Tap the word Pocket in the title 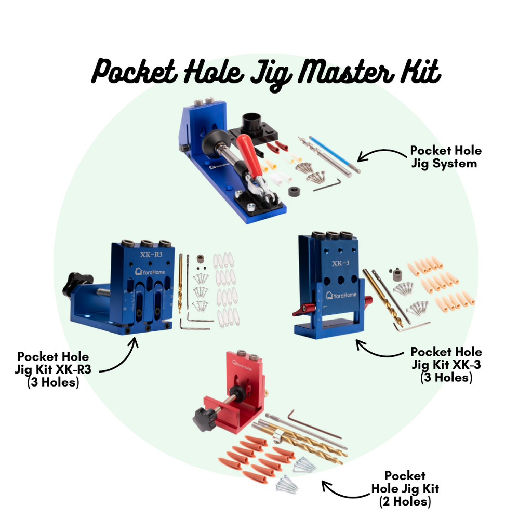134,72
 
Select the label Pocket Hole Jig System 445,157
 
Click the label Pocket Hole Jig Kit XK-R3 54,369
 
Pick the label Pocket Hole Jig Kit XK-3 446,365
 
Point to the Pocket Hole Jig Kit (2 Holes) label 405,488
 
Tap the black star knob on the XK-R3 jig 77,284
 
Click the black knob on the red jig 206,419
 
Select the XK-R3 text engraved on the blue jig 151,255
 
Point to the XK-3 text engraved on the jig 340,263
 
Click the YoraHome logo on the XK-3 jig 341,295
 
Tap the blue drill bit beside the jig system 333,154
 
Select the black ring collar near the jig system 295,191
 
